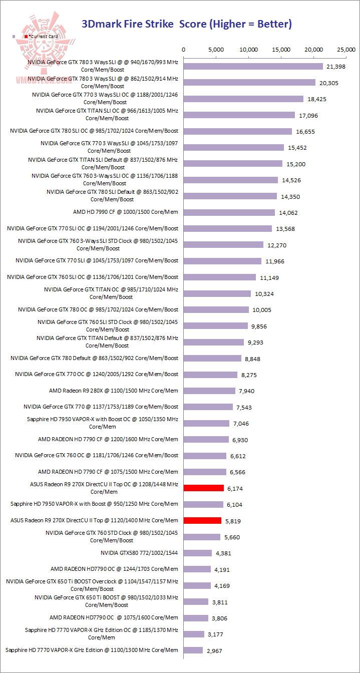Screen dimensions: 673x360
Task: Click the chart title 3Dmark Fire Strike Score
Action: point(186,24)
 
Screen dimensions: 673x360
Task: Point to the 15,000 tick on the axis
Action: point(281,50)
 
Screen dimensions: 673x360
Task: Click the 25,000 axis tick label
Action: point(346,50)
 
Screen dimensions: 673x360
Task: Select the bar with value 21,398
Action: point(253,67)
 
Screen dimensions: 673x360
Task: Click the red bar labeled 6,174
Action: point(204,488)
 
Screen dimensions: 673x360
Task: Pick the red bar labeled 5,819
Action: point(203,520)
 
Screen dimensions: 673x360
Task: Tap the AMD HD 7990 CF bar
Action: point(229,212)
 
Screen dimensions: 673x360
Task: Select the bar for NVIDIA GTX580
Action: point(198,553)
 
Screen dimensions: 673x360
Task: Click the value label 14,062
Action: point(288,213)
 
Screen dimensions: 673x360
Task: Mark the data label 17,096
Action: point(308,116)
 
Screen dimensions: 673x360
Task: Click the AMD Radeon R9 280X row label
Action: point(114,391)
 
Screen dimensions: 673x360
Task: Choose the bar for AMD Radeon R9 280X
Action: point(209,391)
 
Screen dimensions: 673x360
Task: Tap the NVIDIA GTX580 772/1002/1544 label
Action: point(139,553)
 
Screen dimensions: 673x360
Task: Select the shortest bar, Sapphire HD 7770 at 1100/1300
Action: point(193,650)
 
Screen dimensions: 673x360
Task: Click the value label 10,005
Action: point(263,310)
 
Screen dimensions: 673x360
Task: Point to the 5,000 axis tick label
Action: point(216,50)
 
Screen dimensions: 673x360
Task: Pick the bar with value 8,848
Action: point(212,358)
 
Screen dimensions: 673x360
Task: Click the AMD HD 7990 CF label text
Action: point(126,212)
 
